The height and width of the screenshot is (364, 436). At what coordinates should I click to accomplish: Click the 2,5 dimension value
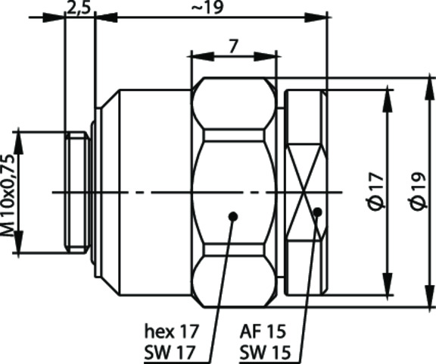click(x=79, y=8)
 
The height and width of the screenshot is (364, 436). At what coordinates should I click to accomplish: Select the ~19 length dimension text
click(x=207, y=8)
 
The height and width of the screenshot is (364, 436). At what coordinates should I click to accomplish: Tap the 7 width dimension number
click(x=234, y=46)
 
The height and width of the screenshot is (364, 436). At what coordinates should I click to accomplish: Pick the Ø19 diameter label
click(x=419, y=191)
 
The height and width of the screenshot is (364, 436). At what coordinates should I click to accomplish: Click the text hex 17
click(x=172, y=331)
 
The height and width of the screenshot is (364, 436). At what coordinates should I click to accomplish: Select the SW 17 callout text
click(x=170, y=353)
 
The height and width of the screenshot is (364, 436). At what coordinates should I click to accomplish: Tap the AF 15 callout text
click(x=263, y=331)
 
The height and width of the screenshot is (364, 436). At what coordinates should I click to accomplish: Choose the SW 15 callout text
click(x=265, y=353)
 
